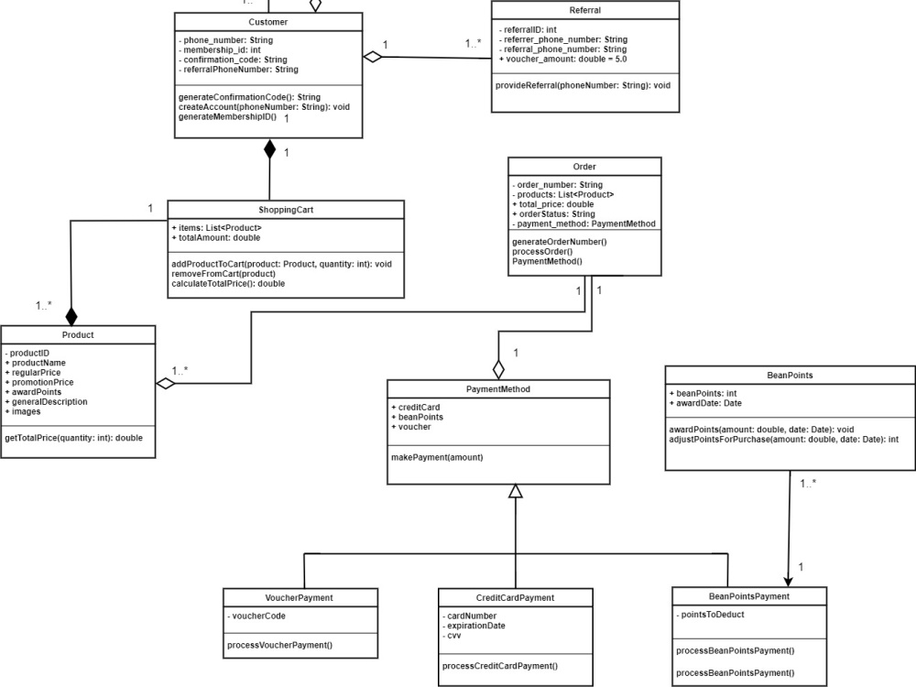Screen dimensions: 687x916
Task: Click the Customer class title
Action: [268, 22]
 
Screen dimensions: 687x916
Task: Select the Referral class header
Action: [585, 10]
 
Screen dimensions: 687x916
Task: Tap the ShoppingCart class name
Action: [285, 210]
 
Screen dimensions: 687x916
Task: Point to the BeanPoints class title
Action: [790, 376]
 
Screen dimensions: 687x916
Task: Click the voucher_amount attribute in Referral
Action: [562, 59]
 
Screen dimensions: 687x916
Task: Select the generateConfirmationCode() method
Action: [249, 96]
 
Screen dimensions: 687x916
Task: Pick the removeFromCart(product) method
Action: [223, 274]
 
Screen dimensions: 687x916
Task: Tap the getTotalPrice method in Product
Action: [73, 438]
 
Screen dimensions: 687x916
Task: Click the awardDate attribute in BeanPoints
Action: [705, 403]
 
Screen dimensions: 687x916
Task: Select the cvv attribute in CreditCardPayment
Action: [454, 636]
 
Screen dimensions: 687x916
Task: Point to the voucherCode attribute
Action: [257, 616]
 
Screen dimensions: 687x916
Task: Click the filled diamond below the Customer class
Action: [269, 148]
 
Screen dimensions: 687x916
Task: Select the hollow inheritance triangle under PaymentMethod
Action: [516, 491]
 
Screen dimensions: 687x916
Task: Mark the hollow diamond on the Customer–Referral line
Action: [372, 57]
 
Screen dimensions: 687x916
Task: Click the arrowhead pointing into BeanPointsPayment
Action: [787, 579]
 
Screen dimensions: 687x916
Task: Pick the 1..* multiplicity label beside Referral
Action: [474, 43]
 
